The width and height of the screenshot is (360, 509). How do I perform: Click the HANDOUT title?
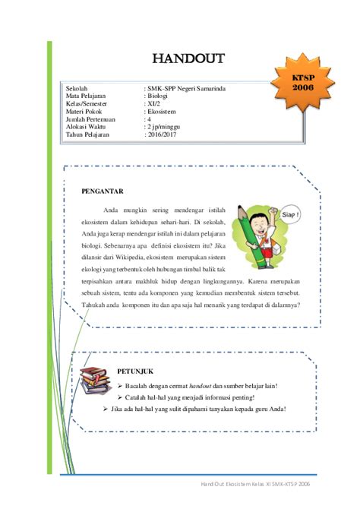pyautogui.click(x=188, y=58)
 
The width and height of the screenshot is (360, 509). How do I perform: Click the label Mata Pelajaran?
pyautogui.click(x=86, y=96)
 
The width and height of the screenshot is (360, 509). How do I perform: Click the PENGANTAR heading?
pyautogui.click(x=103, y=191)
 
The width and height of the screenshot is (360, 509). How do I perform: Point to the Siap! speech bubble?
pyautogui.click(x=289, y=215)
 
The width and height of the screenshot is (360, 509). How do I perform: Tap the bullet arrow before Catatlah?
pyautogui.click(x=120, y=397)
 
